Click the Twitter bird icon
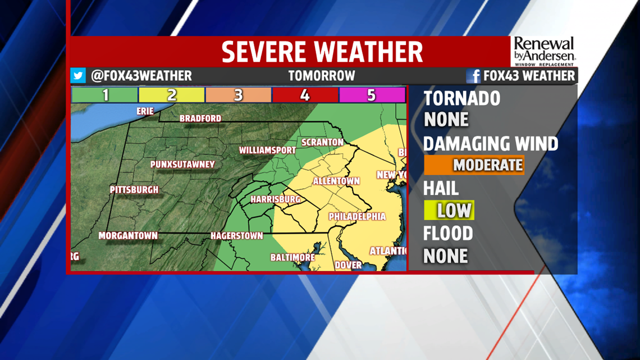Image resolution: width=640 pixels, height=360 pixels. [x=78, y=76]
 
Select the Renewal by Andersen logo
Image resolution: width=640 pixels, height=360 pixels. [x=544, y=51]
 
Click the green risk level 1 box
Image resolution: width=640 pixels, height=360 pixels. [x=105, y=95]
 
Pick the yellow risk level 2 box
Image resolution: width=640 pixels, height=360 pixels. [x=172, y=95]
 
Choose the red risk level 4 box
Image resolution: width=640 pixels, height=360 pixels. [x=304, y=95]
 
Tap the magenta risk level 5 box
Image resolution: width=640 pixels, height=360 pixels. [x=371, y=95]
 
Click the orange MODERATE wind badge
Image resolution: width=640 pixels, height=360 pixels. [x=474, y=165]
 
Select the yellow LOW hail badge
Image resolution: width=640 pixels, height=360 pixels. [x=449, y=211]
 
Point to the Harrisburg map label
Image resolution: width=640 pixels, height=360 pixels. [x=275, y=199]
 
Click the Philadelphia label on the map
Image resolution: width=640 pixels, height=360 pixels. [x=357, y=216]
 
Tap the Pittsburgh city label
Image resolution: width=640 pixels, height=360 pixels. [x=134, y=190]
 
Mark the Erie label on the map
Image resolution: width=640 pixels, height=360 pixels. [x=145, y=111]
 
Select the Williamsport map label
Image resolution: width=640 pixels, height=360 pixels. [x=267, y=151]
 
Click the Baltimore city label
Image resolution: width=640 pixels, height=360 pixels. [x=292, y=257]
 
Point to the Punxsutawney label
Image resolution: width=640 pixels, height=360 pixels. [x=182, y=165]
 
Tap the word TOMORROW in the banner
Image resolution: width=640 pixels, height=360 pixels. [x=322, y=76]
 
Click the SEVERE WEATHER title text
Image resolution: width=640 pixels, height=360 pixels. [x=322, y=52]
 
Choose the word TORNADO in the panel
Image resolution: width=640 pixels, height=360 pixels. [x=461, y=98]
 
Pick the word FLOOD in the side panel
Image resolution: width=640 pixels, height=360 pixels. [x=447, y=233]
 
